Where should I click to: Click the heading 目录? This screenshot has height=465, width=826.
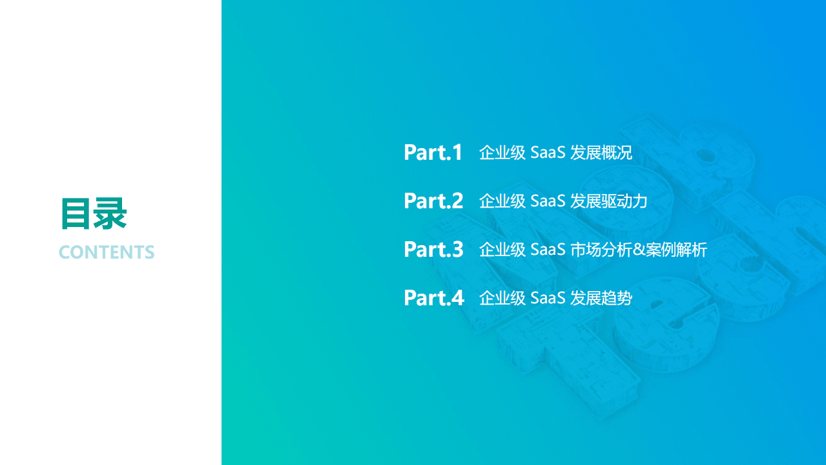coord(94,214)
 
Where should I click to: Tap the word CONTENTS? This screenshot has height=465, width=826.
coord(107,252)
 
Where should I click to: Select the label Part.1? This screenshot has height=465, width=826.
coord(433,153)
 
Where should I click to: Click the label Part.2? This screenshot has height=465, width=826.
coord(433,201)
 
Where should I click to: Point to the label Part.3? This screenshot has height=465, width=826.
coord(433,250)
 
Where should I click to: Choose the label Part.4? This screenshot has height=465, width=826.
coord(433,298)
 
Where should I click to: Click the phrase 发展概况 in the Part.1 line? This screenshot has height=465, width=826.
coord(601,153)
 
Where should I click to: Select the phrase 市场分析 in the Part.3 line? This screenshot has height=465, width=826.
coord(601,250)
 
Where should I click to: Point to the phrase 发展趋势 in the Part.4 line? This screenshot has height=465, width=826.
coord(601,298)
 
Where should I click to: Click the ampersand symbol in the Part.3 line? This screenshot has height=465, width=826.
coord(639,250)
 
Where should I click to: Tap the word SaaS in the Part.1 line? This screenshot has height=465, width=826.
coord(548,153)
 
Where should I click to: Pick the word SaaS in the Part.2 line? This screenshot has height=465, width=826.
coord(548,202)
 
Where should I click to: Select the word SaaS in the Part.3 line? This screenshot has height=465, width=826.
coord(548,250)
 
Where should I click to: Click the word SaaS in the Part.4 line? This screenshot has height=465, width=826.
coord(548,298)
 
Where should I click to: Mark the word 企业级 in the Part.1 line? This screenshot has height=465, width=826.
coord(502,153)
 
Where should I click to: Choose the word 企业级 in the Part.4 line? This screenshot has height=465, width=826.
coord(502,298)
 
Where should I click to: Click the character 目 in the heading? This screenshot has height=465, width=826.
coord(76,214)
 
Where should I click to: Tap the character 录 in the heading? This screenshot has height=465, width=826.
coord(110,214)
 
